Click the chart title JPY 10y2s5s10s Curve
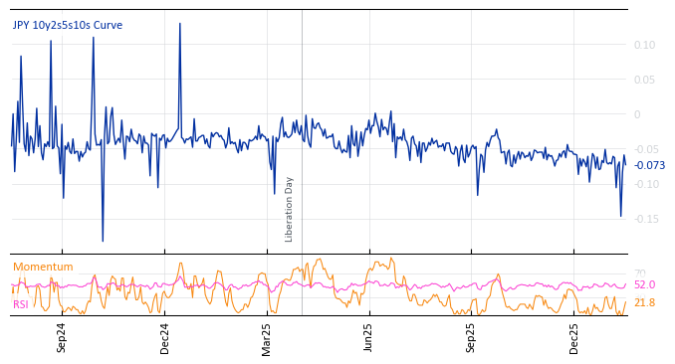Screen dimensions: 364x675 pos(68,25)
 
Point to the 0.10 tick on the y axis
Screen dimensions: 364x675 pos(644,45)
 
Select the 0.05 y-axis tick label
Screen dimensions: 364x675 pos(644,80)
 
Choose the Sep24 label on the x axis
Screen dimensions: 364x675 pos(62,337)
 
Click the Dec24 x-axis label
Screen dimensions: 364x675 pos(165,337)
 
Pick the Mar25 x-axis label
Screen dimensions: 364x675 pos(267,337)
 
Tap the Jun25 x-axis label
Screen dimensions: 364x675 pos(369,337)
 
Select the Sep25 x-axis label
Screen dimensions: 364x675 pos(472,337)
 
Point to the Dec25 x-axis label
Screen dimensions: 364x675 pos(574,337)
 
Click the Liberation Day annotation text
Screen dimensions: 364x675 pos(290,209)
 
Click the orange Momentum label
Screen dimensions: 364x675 pos(43,267)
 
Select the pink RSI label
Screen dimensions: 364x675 pos(21,304)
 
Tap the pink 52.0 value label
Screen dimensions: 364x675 pos(644,285)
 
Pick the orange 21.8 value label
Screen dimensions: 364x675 pos(644,302)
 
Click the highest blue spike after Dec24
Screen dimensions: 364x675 pos(180,24)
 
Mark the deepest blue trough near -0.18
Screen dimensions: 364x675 pos(103,241)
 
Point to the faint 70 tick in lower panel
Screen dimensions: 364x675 pos(639,273)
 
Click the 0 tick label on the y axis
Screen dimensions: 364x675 pos(637,114)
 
